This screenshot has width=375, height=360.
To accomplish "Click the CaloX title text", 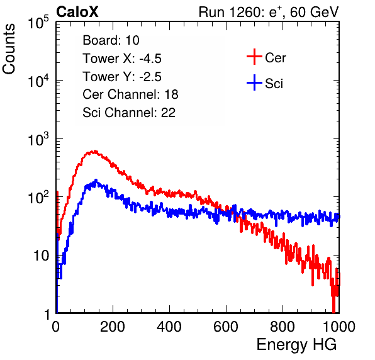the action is point(77,12).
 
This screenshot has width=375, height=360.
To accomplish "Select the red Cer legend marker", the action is point(254,57).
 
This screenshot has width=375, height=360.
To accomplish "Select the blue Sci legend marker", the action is point(254,82).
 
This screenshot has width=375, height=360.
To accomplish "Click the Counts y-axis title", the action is point(9,49).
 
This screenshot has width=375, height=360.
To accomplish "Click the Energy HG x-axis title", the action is point(296,345).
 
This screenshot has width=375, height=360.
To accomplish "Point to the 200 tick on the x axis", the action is point(113,327).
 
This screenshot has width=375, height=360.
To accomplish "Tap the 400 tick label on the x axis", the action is point(169,327).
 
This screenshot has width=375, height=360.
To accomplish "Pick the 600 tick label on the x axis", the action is point(226,327).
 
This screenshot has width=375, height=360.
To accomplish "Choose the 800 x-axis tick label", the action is point(283,327).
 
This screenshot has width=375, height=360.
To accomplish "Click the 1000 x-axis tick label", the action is point(339,327).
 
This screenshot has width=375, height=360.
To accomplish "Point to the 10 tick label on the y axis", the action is point(41,256).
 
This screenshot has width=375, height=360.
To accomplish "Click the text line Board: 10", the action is point(111,40).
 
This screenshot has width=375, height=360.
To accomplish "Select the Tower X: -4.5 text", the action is point(122,59).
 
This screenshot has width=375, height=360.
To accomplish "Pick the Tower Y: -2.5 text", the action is point(122,77).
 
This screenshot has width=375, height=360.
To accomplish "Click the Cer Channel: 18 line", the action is point(130,94).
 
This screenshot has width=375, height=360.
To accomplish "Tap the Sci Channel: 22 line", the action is point(129,113).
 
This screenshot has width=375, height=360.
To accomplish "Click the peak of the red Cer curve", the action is point(95,151).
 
